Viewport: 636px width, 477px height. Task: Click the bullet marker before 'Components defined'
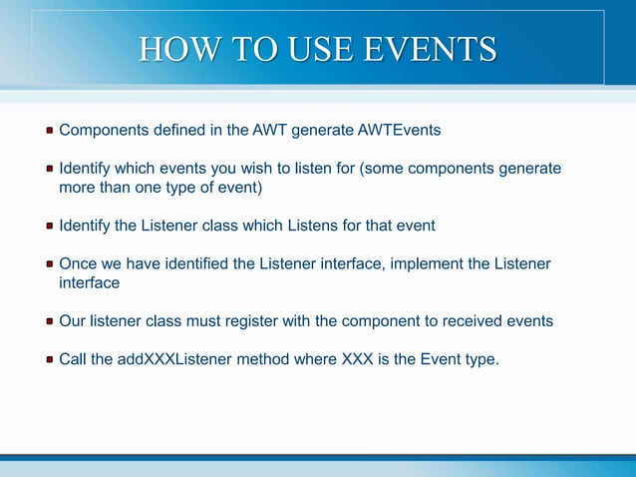click(49, 131)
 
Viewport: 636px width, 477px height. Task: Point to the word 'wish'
click(262, 169)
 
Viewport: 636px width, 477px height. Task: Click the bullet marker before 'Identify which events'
click(49, 170)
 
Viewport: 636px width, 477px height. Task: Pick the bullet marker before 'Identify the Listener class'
click(49, 227)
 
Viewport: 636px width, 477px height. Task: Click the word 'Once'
click(79, 263)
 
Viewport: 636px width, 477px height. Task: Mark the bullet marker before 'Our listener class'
click(49, 322)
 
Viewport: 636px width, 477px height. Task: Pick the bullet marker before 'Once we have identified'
click(49, 264)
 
